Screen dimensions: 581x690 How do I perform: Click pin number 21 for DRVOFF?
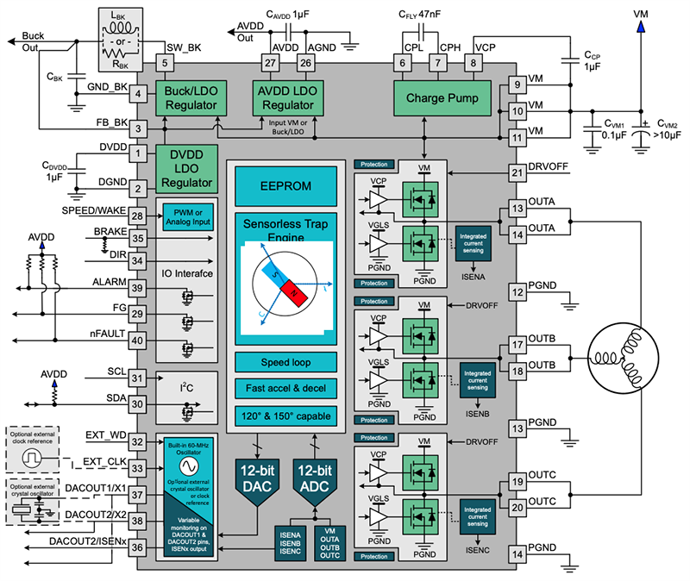517,172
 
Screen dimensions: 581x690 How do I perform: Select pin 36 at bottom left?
137,555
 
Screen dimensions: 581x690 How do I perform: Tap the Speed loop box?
285,362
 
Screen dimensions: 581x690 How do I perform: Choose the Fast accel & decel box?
285,388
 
